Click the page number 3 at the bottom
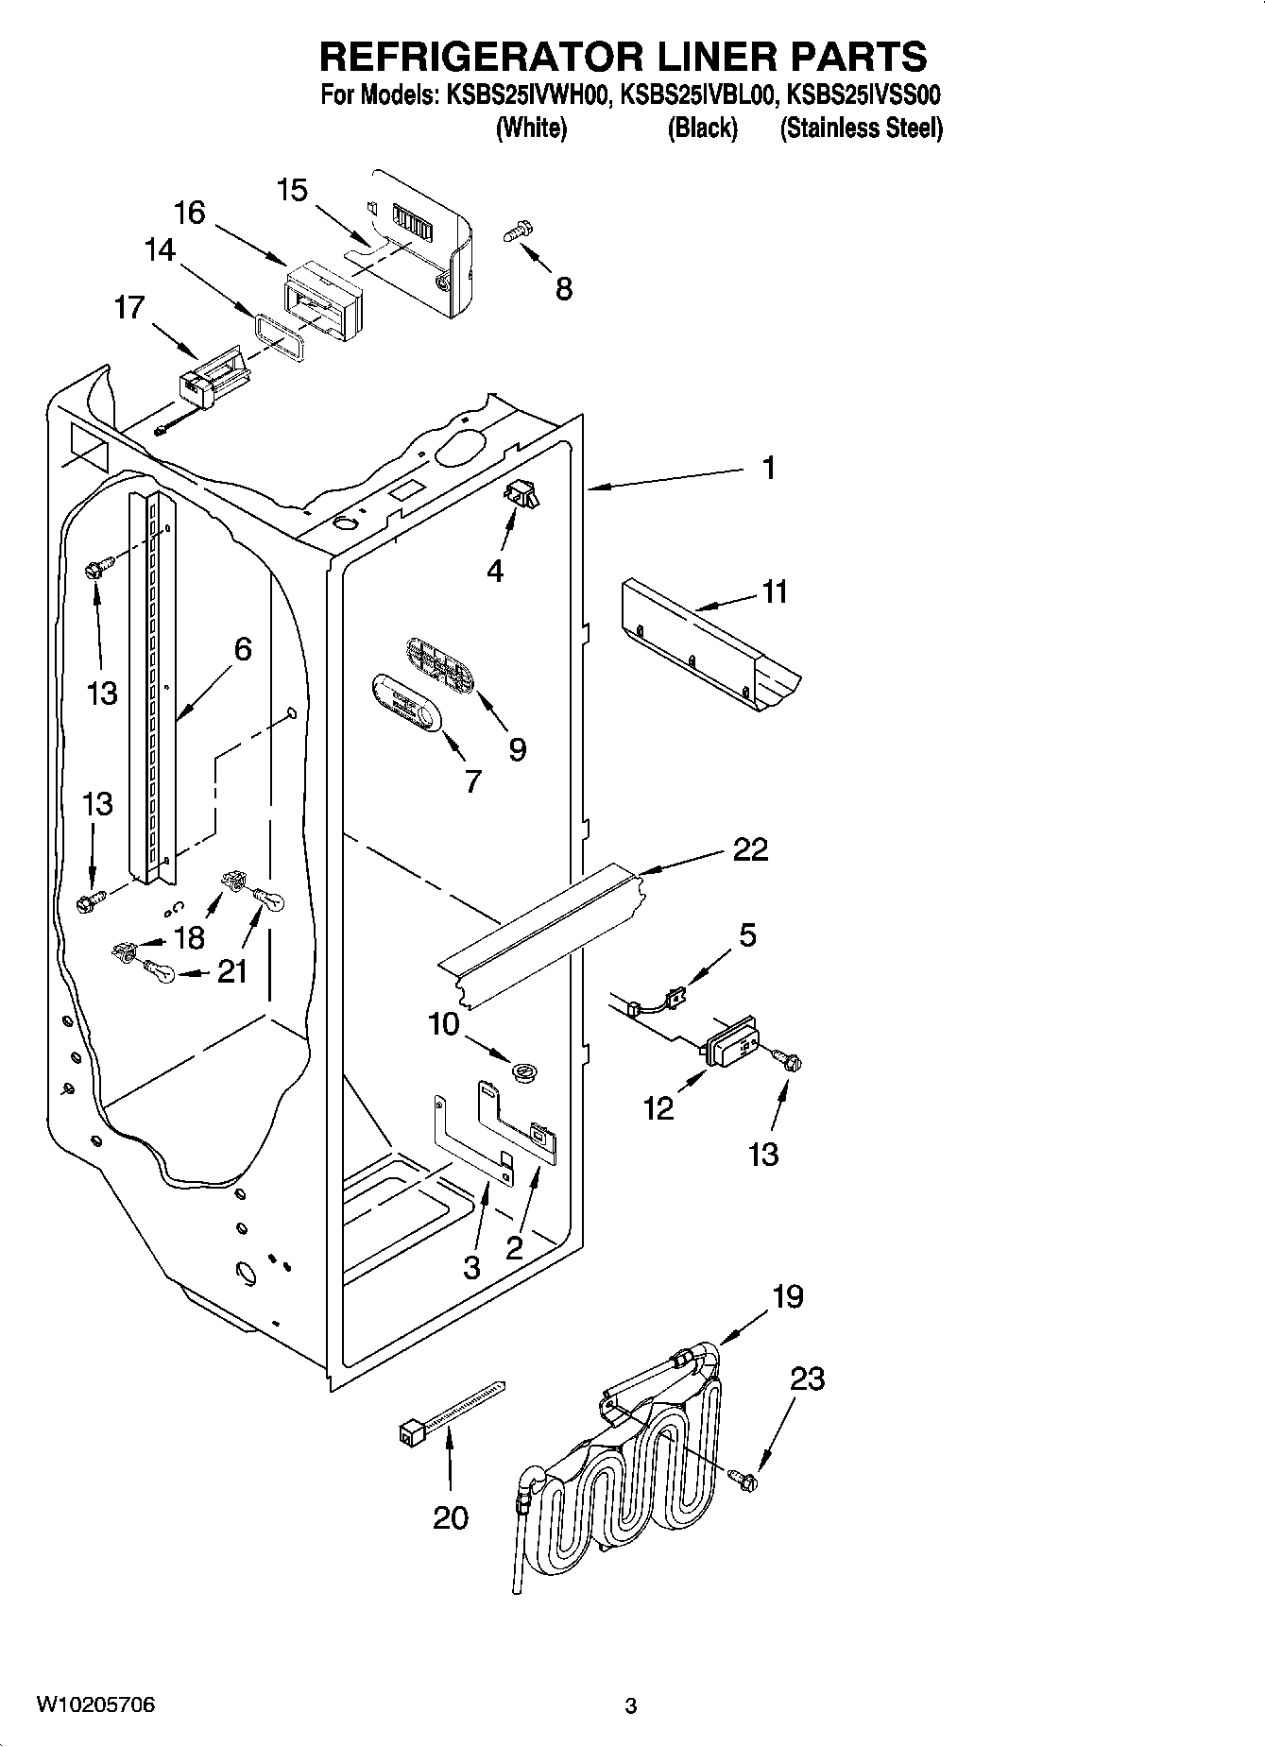pos(631,1706)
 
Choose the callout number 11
pos(775,592)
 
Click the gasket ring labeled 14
pos(279,338)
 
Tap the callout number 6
pos(243,649)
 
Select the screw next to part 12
pos(787,1061)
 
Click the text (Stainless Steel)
pos(861,128)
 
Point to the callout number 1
pos(769,467)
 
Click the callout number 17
pos(129,307)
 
